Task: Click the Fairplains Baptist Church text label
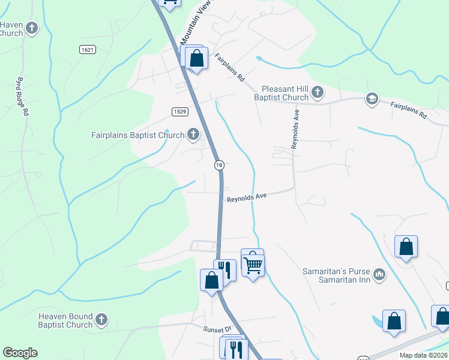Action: tap(137, 135)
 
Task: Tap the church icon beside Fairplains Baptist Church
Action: tap(193, 134)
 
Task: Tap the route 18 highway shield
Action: tap(220, 165)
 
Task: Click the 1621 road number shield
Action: tap(87, 50)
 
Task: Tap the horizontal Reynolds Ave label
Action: tap(246, 197)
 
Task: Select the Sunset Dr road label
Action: tap(217, 329)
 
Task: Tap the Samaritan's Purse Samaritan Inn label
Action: tap(336, 275)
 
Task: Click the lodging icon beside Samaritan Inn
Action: tap(379, 275)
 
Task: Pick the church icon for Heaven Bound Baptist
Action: tap(101, 320)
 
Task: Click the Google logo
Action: tap(20, 353)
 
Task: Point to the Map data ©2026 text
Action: tap(423, 355)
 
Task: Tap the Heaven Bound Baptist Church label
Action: tap(65, 320)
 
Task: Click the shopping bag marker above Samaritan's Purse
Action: tap(406, 247)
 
